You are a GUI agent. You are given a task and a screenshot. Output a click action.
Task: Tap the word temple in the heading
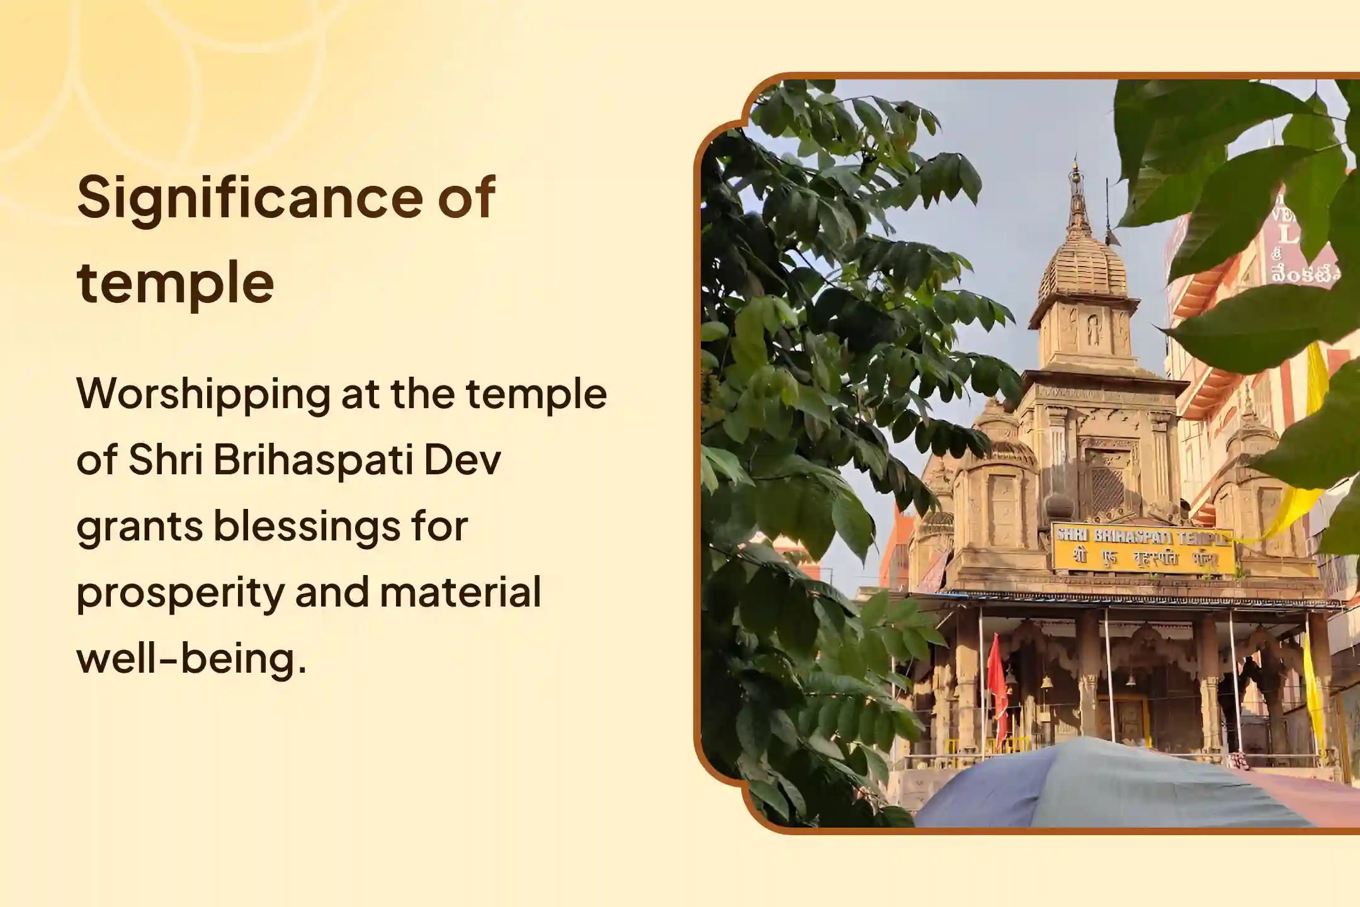[x=176, y=283]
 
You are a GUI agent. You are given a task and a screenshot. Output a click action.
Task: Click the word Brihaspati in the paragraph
[x=312, y=460]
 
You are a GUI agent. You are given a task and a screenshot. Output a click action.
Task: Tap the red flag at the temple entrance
[x=997, y=687]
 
